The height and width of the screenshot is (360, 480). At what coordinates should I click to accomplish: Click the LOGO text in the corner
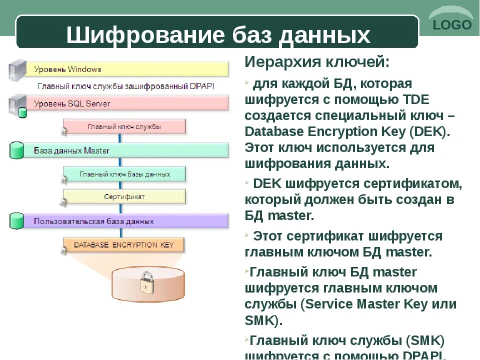[x=452, y=25]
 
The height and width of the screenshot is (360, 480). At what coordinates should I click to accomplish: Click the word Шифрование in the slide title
[x=145, y=35]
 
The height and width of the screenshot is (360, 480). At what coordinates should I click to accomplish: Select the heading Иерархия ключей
[x=316, y=62]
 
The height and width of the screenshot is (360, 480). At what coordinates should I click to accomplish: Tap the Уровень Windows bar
[x=130, y=69]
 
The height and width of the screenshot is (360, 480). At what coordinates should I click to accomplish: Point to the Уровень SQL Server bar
[x=130, y=103]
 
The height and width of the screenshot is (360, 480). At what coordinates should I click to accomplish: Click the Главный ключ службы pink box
[x=124, y=126]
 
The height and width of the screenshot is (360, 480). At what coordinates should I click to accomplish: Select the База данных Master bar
[x=130, y=150]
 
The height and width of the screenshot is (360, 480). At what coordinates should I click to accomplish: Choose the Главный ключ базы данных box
[x=124, y=174]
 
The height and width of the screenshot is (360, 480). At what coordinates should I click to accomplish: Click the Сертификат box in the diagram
[x=124, y=196]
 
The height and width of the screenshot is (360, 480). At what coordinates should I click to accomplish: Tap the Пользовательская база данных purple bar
[x=130, y=221]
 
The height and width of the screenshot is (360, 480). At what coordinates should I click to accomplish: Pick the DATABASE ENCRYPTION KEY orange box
[x=123, y=245]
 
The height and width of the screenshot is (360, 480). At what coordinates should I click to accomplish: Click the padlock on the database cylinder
[x=147, y=282]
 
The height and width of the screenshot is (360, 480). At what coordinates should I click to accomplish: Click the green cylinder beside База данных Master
[x=17, y=150]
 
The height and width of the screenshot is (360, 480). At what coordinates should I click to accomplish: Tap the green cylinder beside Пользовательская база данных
[x=17, y=221]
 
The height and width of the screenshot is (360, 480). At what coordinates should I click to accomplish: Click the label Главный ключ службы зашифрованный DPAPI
[x=126, y=86]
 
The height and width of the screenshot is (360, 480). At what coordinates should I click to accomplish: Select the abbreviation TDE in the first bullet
[x=413, y=99]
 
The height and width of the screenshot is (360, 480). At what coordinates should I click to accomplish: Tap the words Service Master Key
[x=367, y=304]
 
